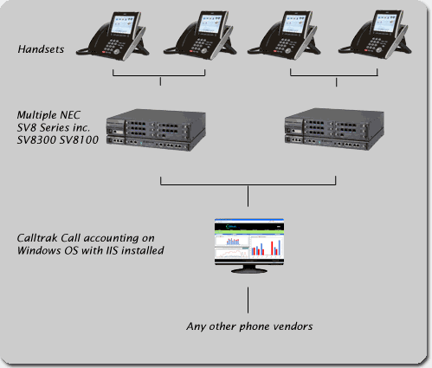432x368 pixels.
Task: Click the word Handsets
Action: tap(41, 49)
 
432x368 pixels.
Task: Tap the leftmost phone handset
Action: tap(113, 36)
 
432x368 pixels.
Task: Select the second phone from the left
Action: tap(200, 36)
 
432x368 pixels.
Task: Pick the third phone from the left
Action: tap(284, 35)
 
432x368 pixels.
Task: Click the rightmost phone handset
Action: tap(375, 35)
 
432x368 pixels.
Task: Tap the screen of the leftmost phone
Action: tap(123, 24)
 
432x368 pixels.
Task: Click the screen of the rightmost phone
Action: tap(386, 23)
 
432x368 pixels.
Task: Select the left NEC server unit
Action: tap(156, 130)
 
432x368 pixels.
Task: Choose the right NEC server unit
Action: tap(334, 129)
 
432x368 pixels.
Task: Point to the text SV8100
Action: tap(79, 140)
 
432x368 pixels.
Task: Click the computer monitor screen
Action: tap(249, 242)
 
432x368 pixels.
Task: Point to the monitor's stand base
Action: tap(249, 270)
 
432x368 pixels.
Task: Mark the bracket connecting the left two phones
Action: tap(159, 76)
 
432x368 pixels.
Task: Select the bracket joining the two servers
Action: tap(248, 184)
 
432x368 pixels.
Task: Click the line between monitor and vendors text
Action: tap(248, 300)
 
